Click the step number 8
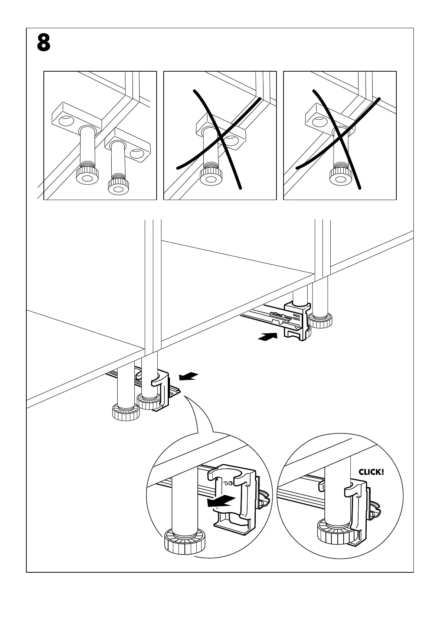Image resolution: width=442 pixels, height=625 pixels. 44,43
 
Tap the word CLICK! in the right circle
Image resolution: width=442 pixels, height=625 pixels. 371,472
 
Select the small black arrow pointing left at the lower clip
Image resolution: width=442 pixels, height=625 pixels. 189,377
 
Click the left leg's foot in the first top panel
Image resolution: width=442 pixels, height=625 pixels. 88,176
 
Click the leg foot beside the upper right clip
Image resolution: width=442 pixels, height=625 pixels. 321,320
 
